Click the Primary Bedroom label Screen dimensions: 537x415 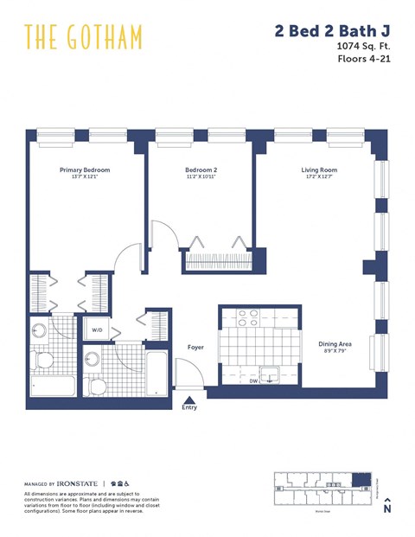(85, 170)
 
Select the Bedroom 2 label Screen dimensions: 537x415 (201, 170)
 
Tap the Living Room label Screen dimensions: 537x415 (318, 170)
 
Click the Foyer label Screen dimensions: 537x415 (195, 348)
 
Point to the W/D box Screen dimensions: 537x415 (96, 329)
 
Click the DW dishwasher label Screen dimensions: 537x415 (253, 380)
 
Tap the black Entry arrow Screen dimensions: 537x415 (188, 400)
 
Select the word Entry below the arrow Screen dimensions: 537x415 (188, 408)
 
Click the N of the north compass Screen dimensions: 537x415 (386, 510)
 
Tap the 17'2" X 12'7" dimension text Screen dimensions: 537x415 (318, 178)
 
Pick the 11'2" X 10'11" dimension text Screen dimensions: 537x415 (201, 178)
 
